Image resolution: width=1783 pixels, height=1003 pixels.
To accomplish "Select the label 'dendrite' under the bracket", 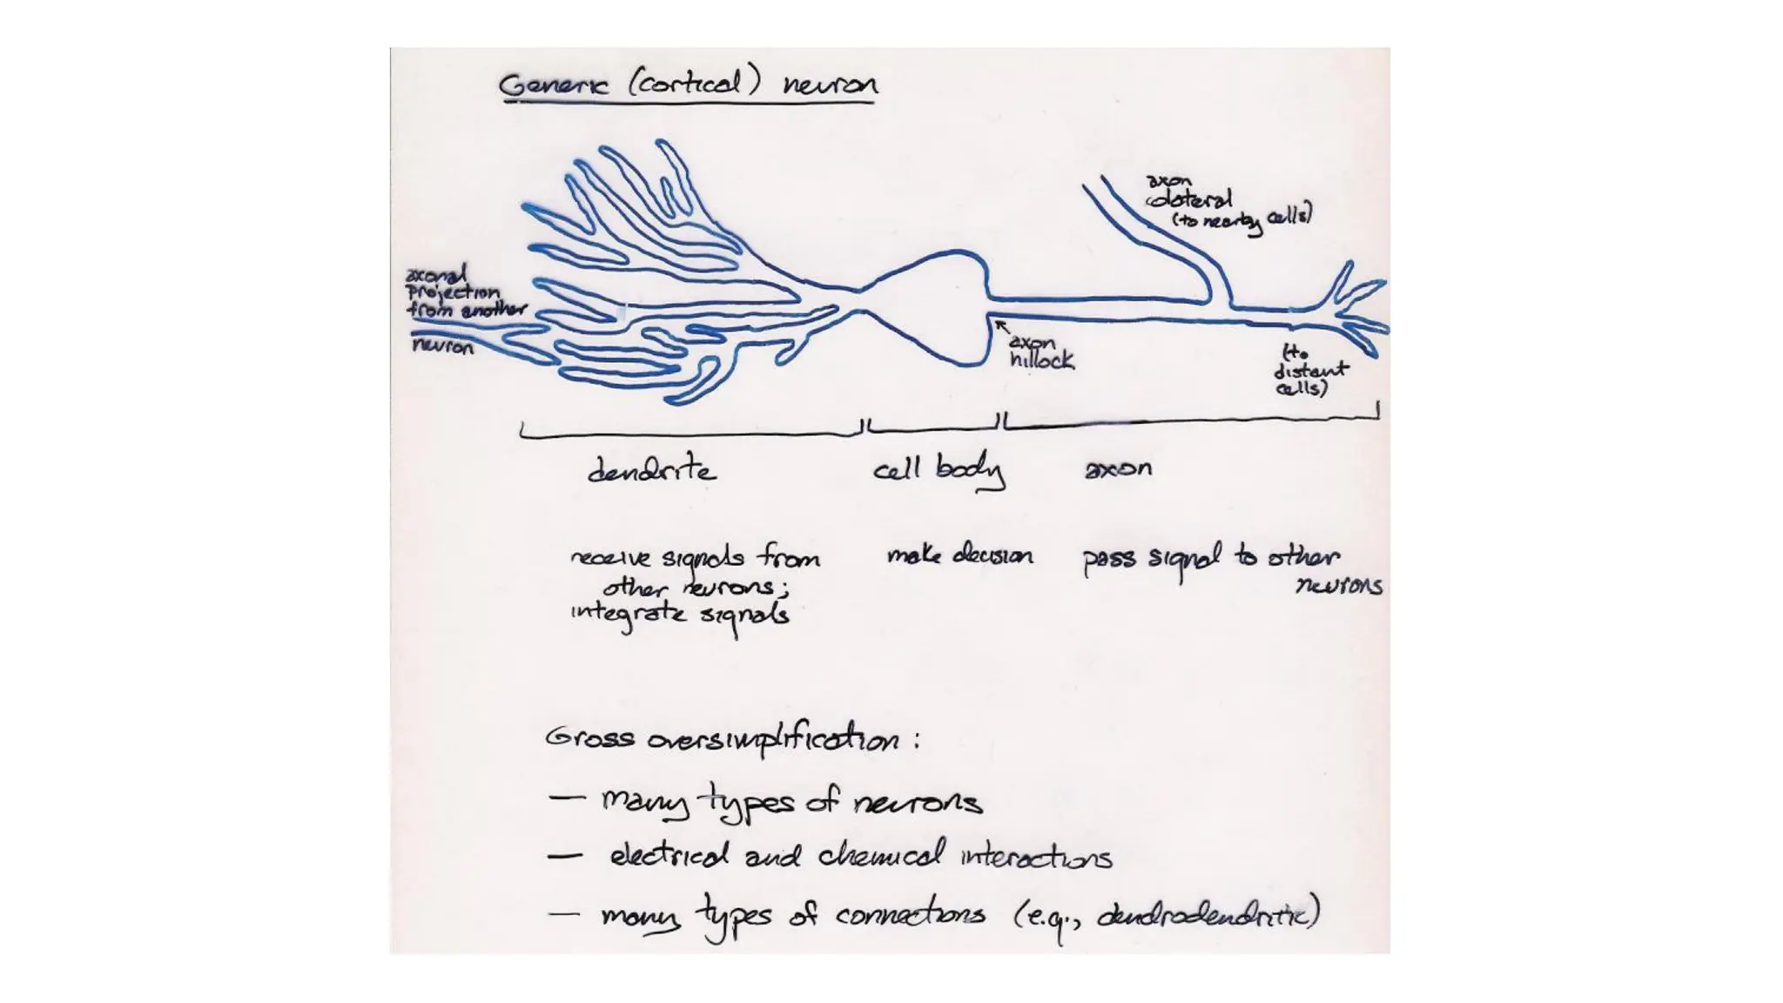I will pos(651,470).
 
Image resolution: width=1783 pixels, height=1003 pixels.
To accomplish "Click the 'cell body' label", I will pos(938,470).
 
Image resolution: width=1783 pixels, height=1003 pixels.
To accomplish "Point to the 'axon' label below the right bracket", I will pos(1118,468).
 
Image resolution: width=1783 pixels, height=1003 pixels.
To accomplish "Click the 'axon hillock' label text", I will pos(1040,351).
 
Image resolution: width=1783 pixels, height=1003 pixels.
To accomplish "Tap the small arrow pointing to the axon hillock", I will pos(1002,326).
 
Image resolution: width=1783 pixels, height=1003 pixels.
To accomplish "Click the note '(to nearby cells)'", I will pos(1241,219).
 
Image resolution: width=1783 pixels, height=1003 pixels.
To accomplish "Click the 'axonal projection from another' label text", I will pos(465,293).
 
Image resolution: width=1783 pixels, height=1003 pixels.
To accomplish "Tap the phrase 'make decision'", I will pos(959,555).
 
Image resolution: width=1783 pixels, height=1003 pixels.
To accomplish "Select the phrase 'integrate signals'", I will pos(679,614).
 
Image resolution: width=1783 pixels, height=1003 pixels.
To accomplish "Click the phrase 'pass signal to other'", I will pos(1210,558).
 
